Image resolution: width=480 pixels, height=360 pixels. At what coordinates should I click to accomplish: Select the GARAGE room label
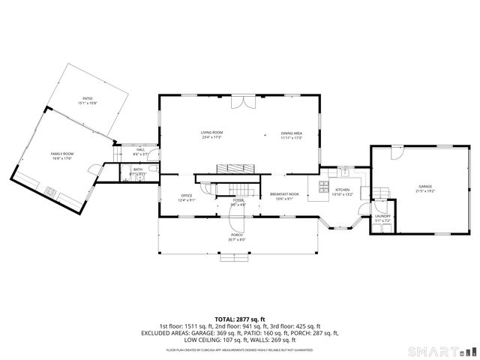click(425, 188)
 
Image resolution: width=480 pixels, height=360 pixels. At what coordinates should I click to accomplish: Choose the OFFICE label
click(187, 197)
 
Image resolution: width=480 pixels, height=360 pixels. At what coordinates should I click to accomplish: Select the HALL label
click(140, 151)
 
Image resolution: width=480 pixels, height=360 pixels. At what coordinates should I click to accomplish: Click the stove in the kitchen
click(324, 185)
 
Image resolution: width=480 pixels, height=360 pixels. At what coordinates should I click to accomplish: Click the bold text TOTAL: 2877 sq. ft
click(239, 319)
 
